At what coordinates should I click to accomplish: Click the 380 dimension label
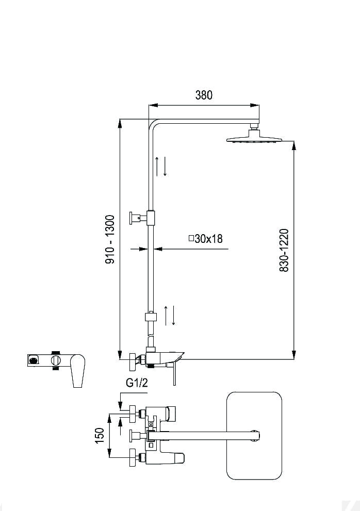coord(204,95)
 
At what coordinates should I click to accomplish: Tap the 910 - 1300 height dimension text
coord(110,239)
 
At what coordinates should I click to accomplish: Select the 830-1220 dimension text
coord(284,250)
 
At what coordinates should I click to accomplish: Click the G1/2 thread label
coord(137,383)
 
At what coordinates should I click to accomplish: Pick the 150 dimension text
coord(100,435)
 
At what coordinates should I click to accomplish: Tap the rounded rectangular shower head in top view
coord(254,436)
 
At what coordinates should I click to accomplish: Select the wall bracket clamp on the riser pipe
coord(142,218)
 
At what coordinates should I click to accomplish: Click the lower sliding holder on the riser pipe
coord(151,317)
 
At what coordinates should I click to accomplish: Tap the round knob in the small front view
coord(56,360)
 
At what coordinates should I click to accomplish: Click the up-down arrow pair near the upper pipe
coord(161,166)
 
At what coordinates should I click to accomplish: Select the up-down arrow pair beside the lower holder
coord(170,316)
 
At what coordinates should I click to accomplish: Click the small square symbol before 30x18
coord(192,238)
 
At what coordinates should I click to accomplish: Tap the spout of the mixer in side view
coord(173,357)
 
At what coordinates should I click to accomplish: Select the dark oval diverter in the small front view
coord(34,360)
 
